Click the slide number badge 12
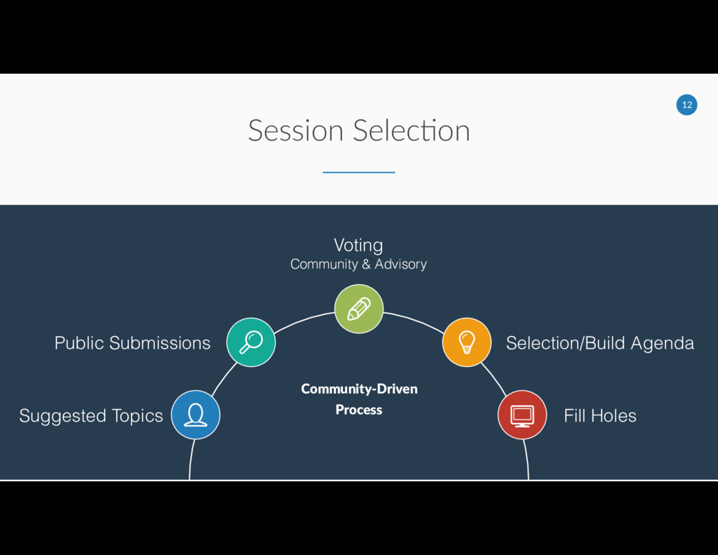point(686,105)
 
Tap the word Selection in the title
point(412,131)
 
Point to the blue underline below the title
point(359,172)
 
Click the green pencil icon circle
point(359,309)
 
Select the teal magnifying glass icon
point(251,342)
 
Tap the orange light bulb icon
point(466,342)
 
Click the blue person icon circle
point(196,415)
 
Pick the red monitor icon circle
point(522,415)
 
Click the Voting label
point(358,245)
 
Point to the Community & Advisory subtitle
point(358,265)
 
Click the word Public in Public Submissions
point(79,343)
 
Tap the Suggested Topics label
point(91,416)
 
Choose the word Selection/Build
point(565,343)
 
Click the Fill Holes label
point(600,415)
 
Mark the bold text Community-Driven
point(359,389)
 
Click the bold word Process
point(359,410)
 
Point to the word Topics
point(137,416)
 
